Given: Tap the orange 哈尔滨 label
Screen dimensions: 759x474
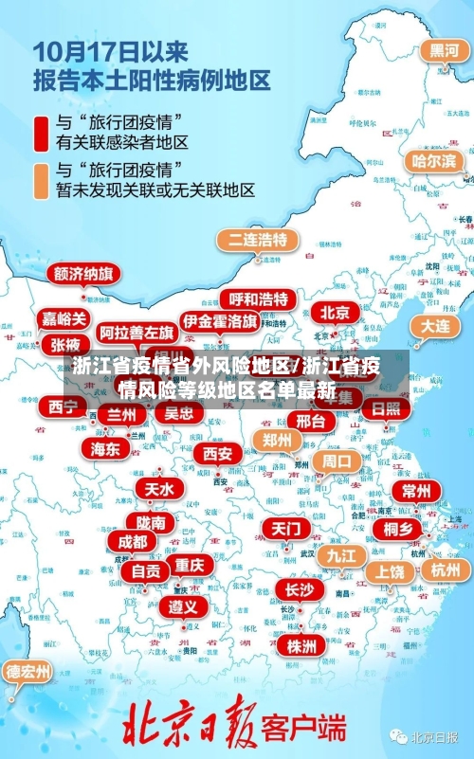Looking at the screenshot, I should pos(432,161).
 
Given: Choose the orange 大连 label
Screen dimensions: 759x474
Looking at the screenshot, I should pos(437,325).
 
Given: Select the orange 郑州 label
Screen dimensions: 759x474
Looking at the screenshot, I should pos(277,440).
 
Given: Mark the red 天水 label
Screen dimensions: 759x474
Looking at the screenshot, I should pos(158,489).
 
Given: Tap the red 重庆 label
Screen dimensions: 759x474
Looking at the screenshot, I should pos(190,565).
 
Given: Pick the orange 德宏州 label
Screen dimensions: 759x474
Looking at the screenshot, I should pos(28,672).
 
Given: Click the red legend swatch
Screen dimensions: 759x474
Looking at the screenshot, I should pos(41,133).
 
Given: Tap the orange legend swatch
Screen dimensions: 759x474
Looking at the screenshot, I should pos(41,180).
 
